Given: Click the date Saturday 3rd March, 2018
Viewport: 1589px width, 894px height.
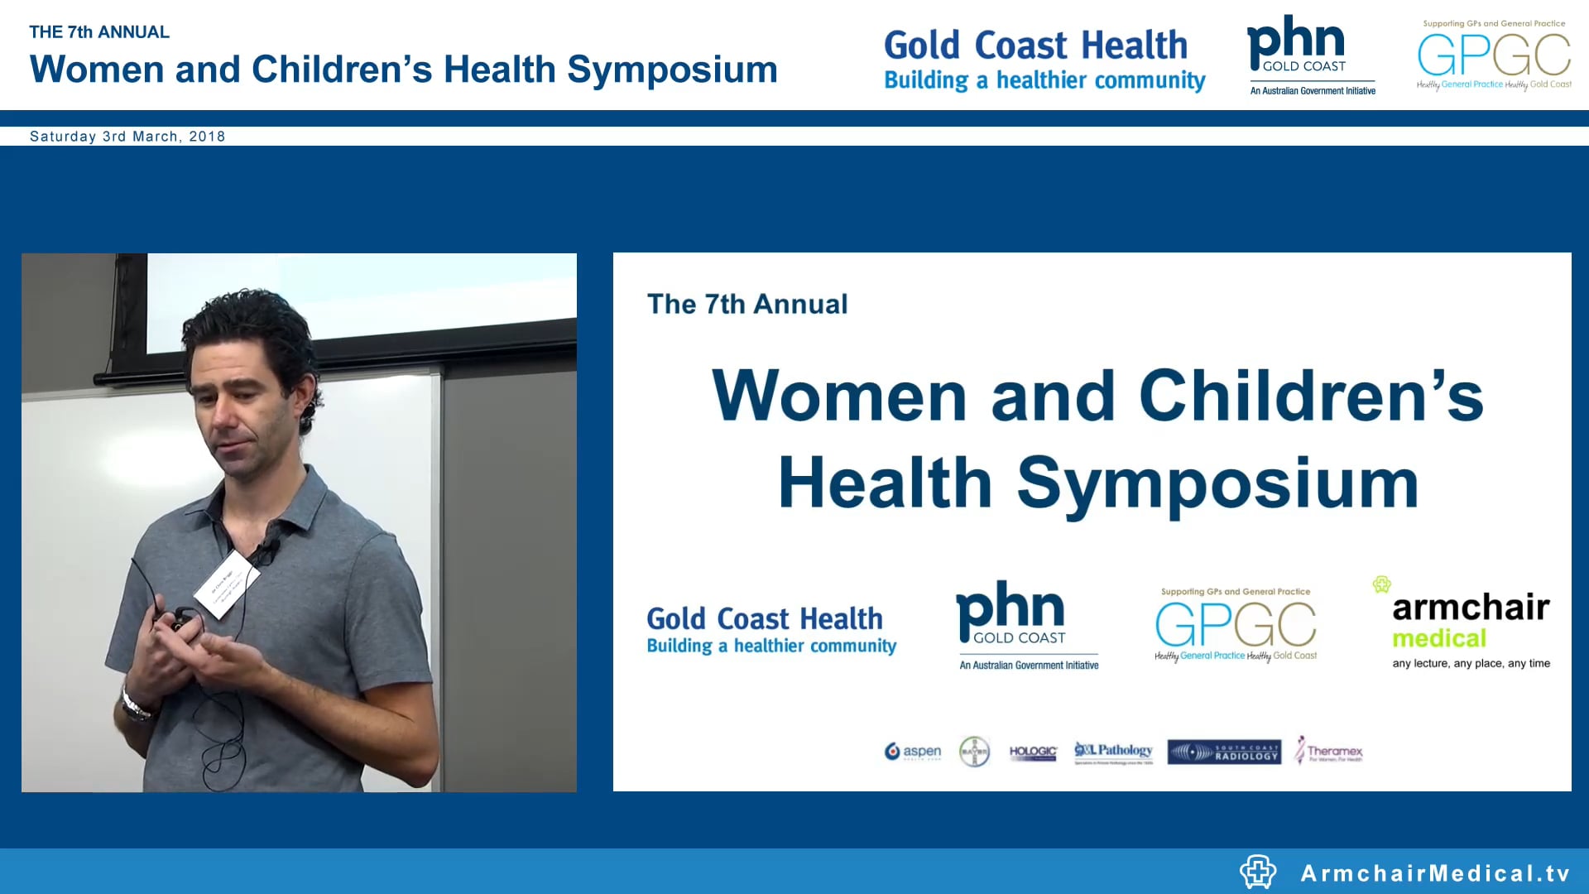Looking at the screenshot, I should (127, 137).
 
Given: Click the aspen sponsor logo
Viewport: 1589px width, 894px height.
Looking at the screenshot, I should (913, 752).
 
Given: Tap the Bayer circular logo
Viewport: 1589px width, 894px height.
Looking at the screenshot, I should (974, 752).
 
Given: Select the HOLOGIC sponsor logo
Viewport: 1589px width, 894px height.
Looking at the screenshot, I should (1033, 752).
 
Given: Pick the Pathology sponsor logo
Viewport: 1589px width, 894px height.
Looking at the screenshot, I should (1113, 752).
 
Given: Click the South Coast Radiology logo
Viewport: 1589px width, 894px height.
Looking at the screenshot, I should (1224, 752).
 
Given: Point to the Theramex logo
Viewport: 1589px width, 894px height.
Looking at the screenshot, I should (1329, 750).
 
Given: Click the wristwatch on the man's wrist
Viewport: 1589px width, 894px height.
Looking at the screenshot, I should (134, 705).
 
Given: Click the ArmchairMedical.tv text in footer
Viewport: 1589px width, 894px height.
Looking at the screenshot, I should (1435, 873).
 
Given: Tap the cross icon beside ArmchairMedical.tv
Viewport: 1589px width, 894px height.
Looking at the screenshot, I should (1258, 872).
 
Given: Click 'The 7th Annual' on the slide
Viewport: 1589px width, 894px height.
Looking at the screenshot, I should (747, 304).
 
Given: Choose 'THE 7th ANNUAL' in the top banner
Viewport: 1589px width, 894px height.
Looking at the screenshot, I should (99, 32).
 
